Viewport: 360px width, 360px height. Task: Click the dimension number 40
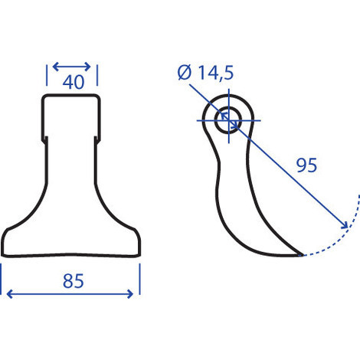[x=74, y=82]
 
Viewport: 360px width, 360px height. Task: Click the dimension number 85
[x=74, y=281]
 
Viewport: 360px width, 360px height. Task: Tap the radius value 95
[x=306, y=165]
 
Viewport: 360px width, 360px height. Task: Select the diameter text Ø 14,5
[x=205, y=73]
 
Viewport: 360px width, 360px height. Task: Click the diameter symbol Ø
[x=185, y=73]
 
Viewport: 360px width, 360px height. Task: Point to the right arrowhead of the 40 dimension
[x=87, y=67]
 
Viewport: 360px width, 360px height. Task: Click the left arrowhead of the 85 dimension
[x=9, y=294]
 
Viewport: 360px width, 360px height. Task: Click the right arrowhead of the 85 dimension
[x=130, y=294]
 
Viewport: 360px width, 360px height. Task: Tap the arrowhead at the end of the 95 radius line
[x=345, y=225]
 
